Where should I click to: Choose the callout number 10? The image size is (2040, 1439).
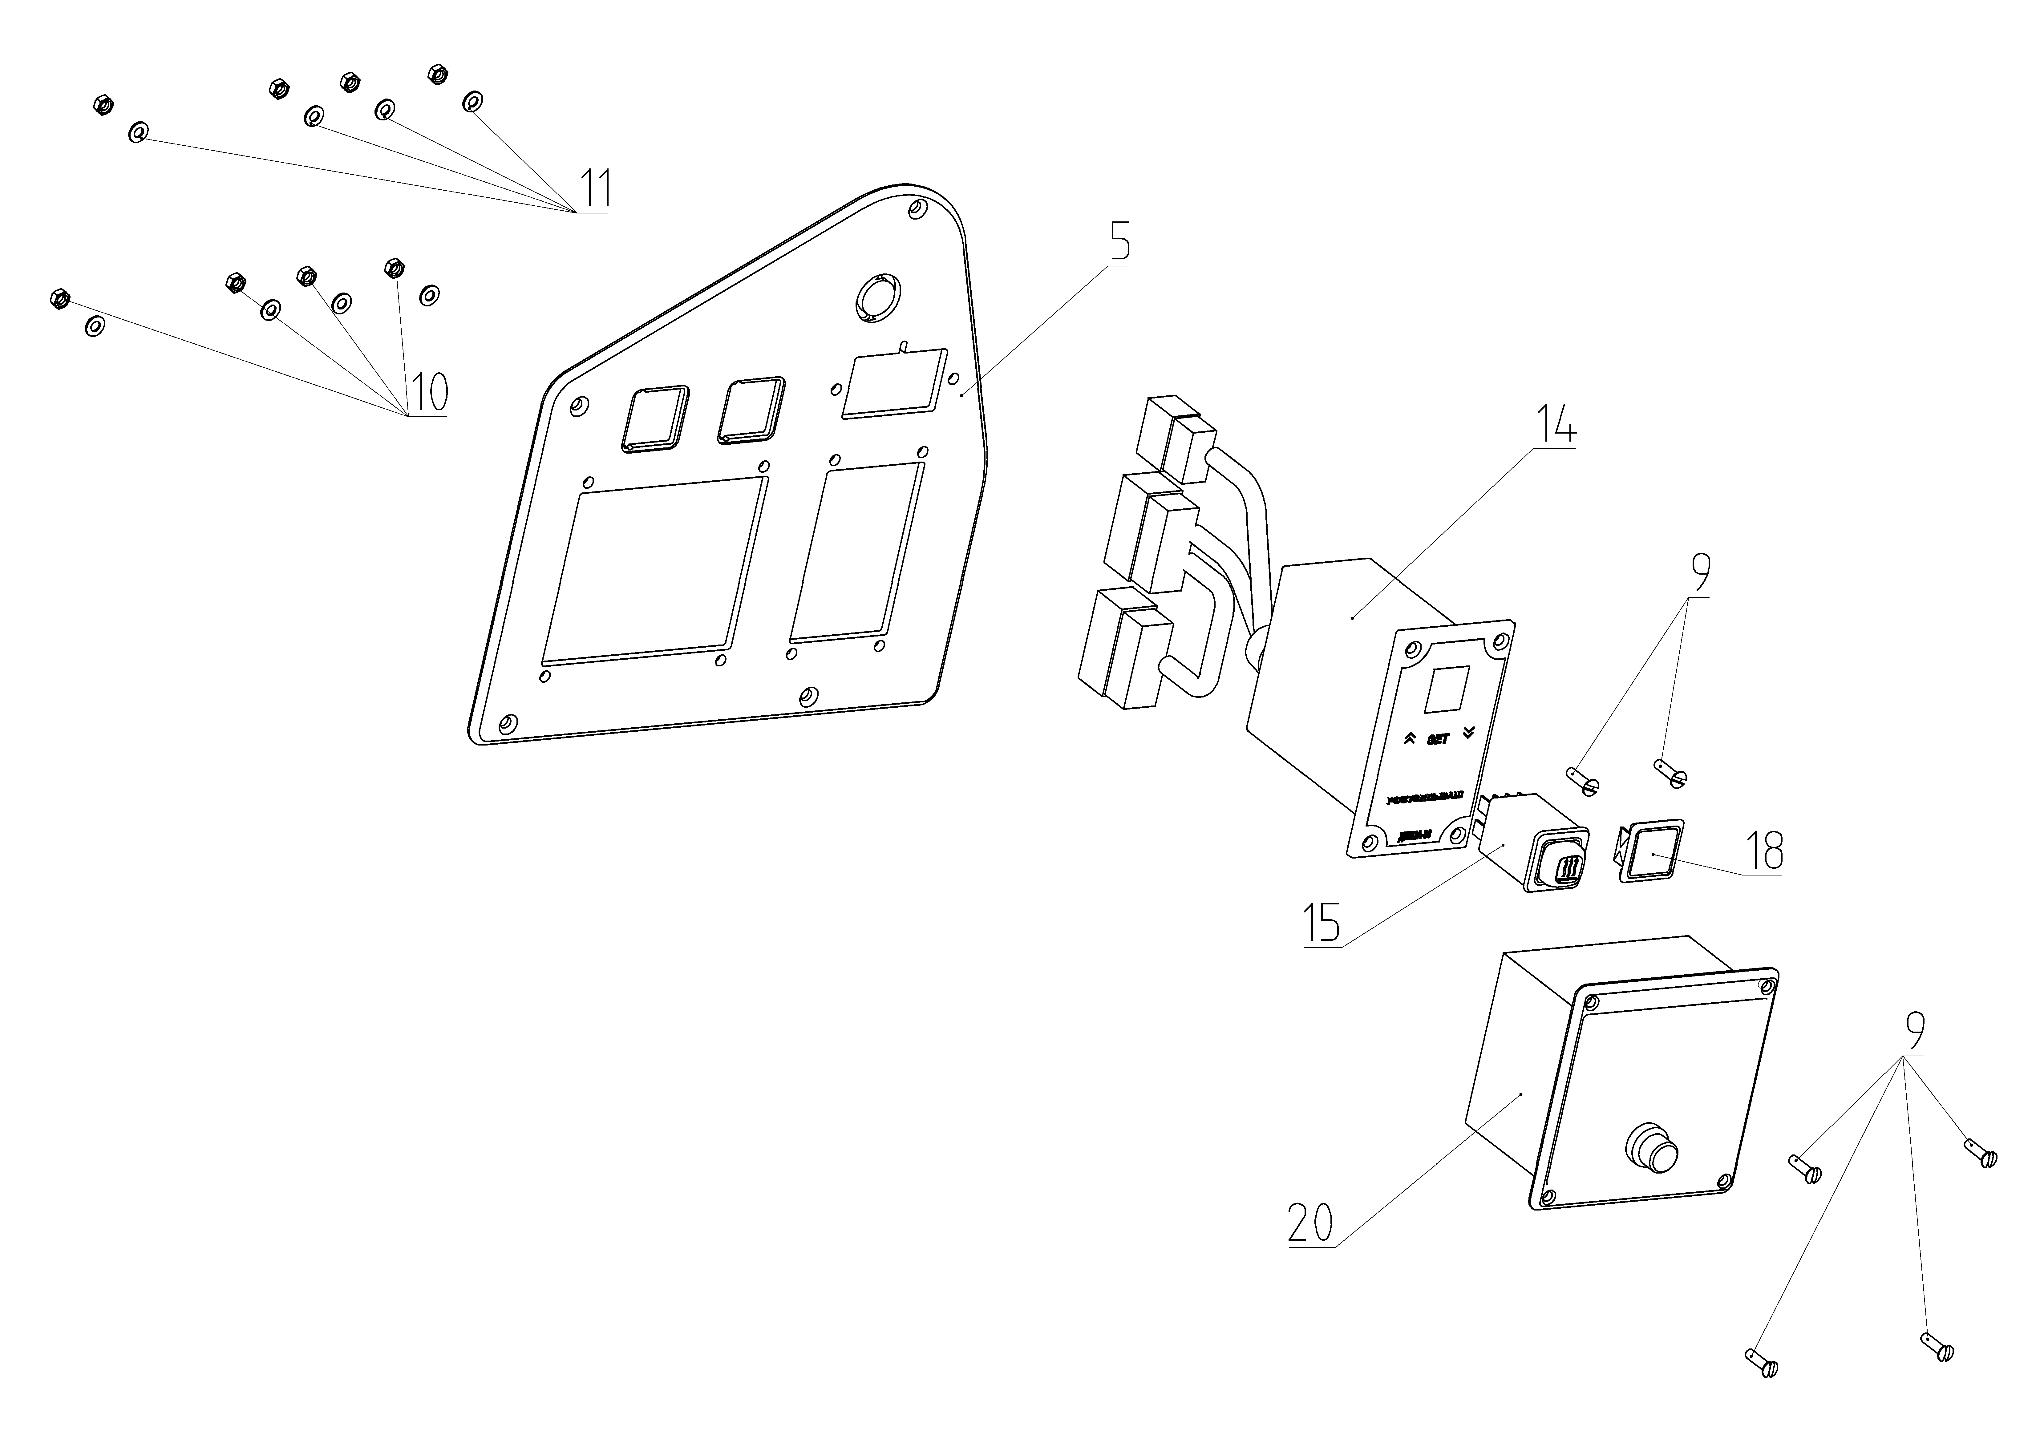click(x=428, y=391)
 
